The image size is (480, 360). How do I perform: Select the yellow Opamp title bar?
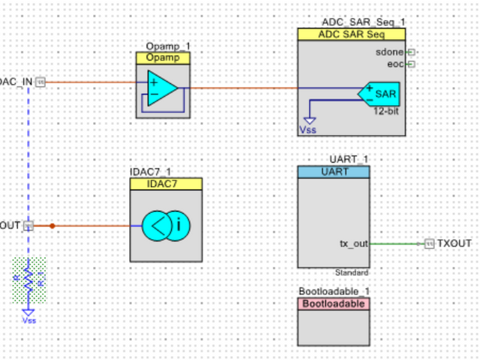coord(163,58)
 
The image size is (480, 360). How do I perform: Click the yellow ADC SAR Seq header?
coord(351,34)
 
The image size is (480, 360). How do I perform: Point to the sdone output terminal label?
coord(389,52)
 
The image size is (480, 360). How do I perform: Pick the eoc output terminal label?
coord(394,64)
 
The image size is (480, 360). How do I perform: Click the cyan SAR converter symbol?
coord(379,94)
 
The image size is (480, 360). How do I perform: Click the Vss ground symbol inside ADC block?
coord(309,120)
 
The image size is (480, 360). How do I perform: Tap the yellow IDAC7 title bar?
coord(166,184)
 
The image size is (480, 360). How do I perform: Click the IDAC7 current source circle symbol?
coord(166,225)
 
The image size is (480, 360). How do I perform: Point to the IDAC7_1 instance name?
coord(150,172)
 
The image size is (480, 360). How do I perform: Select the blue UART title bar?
coord(333,172)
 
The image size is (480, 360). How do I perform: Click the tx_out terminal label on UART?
coord(353,244)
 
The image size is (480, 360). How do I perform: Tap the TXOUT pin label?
coord(454,244)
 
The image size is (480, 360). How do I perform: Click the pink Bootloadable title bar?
coord(333,304)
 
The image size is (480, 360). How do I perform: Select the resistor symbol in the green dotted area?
coord(28,280)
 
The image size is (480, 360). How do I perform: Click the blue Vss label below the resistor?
coord(28,320)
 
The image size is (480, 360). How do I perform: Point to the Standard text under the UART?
coord(352,272)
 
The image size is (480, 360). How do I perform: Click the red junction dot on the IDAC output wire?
coord(52,225)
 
